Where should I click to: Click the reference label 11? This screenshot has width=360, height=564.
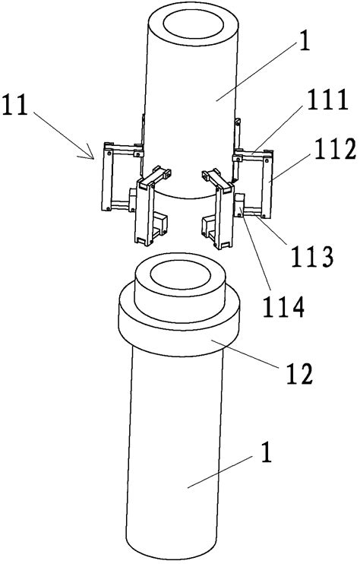(x=15, y=105)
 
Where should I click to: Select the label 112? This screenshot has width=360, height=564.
(x=335, y=149)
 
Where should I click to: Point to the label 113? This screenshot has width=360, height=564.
(x=312, y=257)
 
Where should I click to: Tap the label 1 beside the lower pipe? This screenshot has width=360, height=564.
(x=266, y=453)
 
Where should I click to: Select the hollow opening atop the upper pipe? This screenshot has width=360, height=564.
(x=194, y=24)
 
